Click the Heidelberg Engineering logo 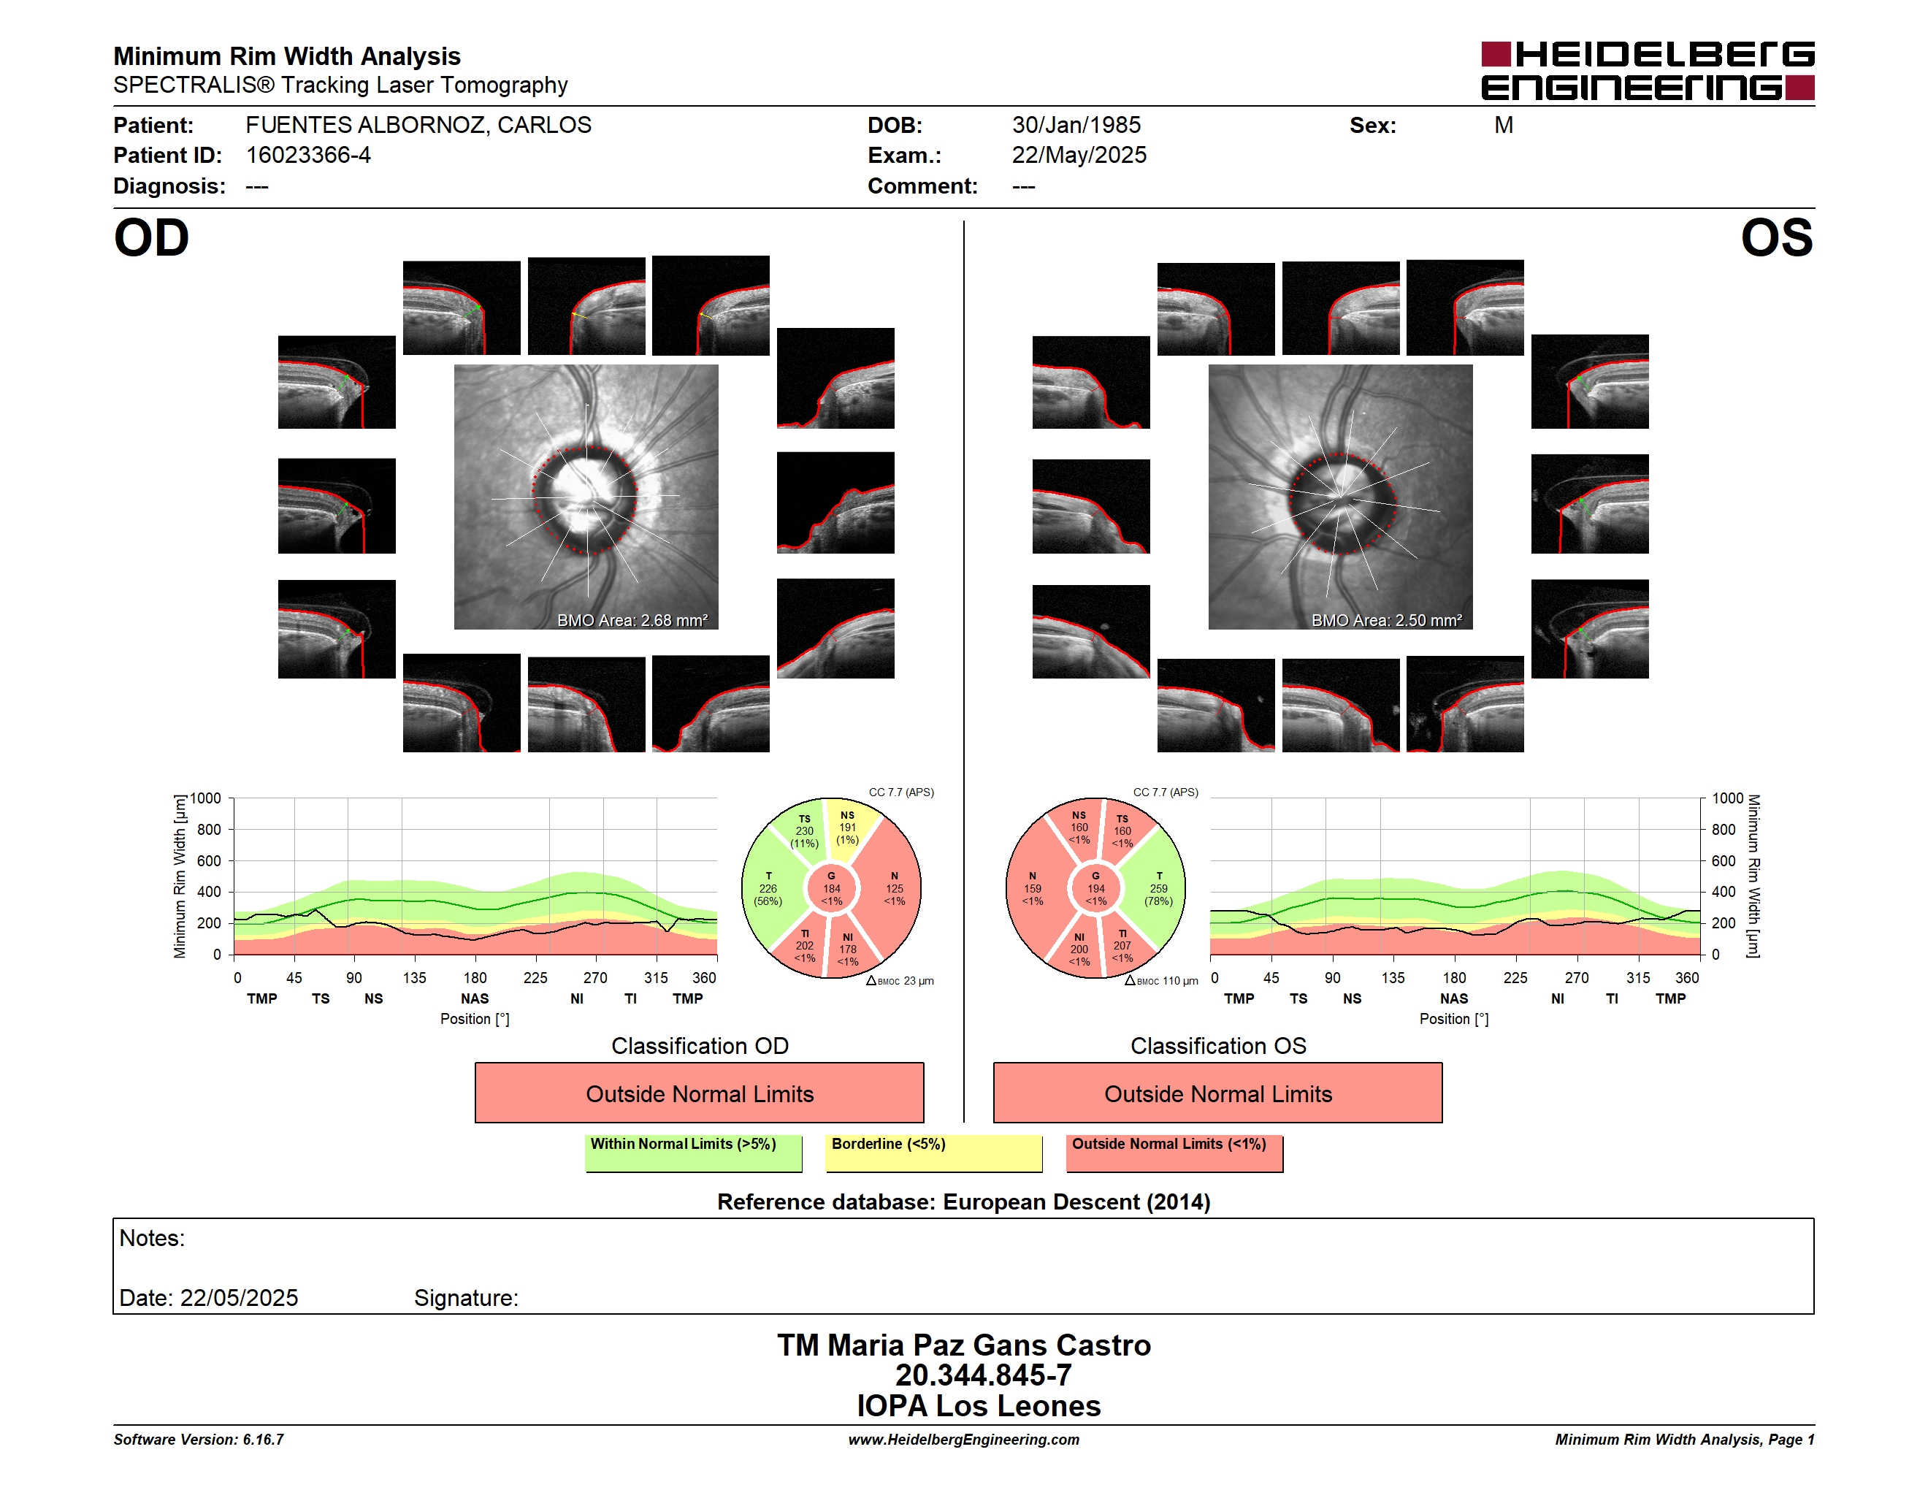(1648, 71)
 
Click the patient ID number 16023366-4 (308, 156)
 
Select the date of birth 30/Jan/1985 (1076, 126)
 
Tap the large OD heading (152, 238)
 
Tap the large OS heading (1776, 238)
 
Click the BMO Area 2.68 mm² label (632, 621)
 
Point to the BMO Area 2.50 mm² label (1387, 621)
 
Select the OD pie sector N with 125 (892, 888)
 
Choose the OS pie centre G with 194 (1095, 889)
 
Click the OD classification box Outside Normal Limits (699, 1093)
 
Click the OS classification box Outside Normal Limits (1217, 1093)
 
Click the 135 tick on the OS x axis (1393, 978)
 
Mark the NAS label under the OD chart (475, 999)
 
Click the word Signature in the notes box (466, 1298)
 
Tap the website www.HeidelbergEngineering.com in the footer (964, 1440)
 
